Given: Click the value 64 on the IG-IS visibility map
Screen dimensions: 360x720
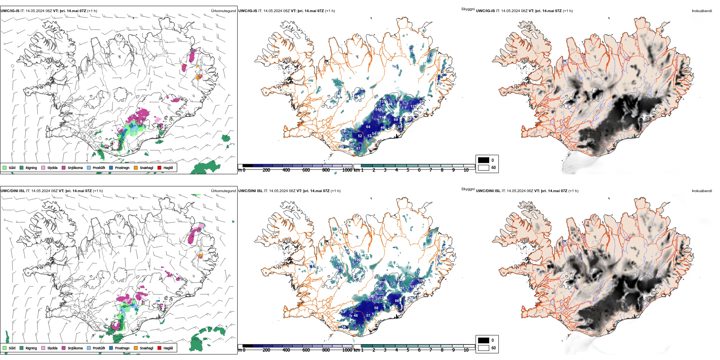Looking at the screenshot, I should [368, 127].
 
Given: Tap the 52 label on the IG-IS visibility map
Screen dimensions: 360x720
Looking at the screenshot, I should [360, 136].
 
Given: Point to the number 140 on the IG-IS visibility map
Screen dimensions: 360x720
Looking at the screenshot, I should [378, 110].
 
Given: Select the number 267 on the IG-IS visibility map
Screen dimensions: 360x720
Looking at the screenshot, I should [351, 144].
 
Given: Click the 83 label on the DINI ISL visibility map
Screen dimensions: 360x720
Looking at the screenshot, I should [343, 312].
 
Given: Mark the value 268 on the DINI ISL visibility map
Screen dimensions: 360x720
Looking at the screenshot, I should [378, 288].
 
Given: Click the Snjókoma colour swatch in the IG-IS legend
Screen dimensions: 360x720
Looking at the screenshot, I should [64, 167].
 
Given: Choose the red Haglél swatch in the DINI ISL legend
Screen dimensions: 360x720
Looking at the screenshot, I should [160, 348].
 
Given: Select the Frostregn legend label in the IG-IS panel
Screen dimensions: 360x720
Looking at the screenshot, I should [122, 168].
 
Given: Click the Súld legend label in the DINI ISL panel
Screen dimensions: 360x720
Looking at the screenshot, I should [12, 348].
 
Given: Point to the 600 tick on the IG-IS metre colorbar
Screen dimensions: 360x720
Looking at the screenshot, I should [306, 170].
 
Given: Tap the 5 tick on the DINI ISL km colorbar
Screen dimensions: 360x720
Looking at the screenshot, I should [408, 350].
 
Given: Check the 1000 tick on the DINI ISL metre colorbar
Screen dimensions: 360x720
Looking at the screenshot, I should [347, 350].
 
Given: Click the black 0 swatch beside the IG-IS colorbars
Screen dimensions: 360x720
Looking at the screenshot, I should [484, 160].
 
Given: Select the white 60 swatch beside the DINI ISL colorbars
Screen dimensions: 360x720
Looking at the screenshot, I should [484, 347].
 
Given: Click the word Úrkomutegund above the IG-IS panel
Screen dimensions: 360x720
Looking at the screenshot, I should [223, 11].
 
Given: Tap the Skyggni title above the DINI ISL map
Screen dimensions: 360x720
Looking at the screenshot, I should [468, 189].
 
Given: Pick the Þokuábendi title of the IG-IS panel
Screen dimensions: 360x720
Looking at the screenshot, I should [702, 11].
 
